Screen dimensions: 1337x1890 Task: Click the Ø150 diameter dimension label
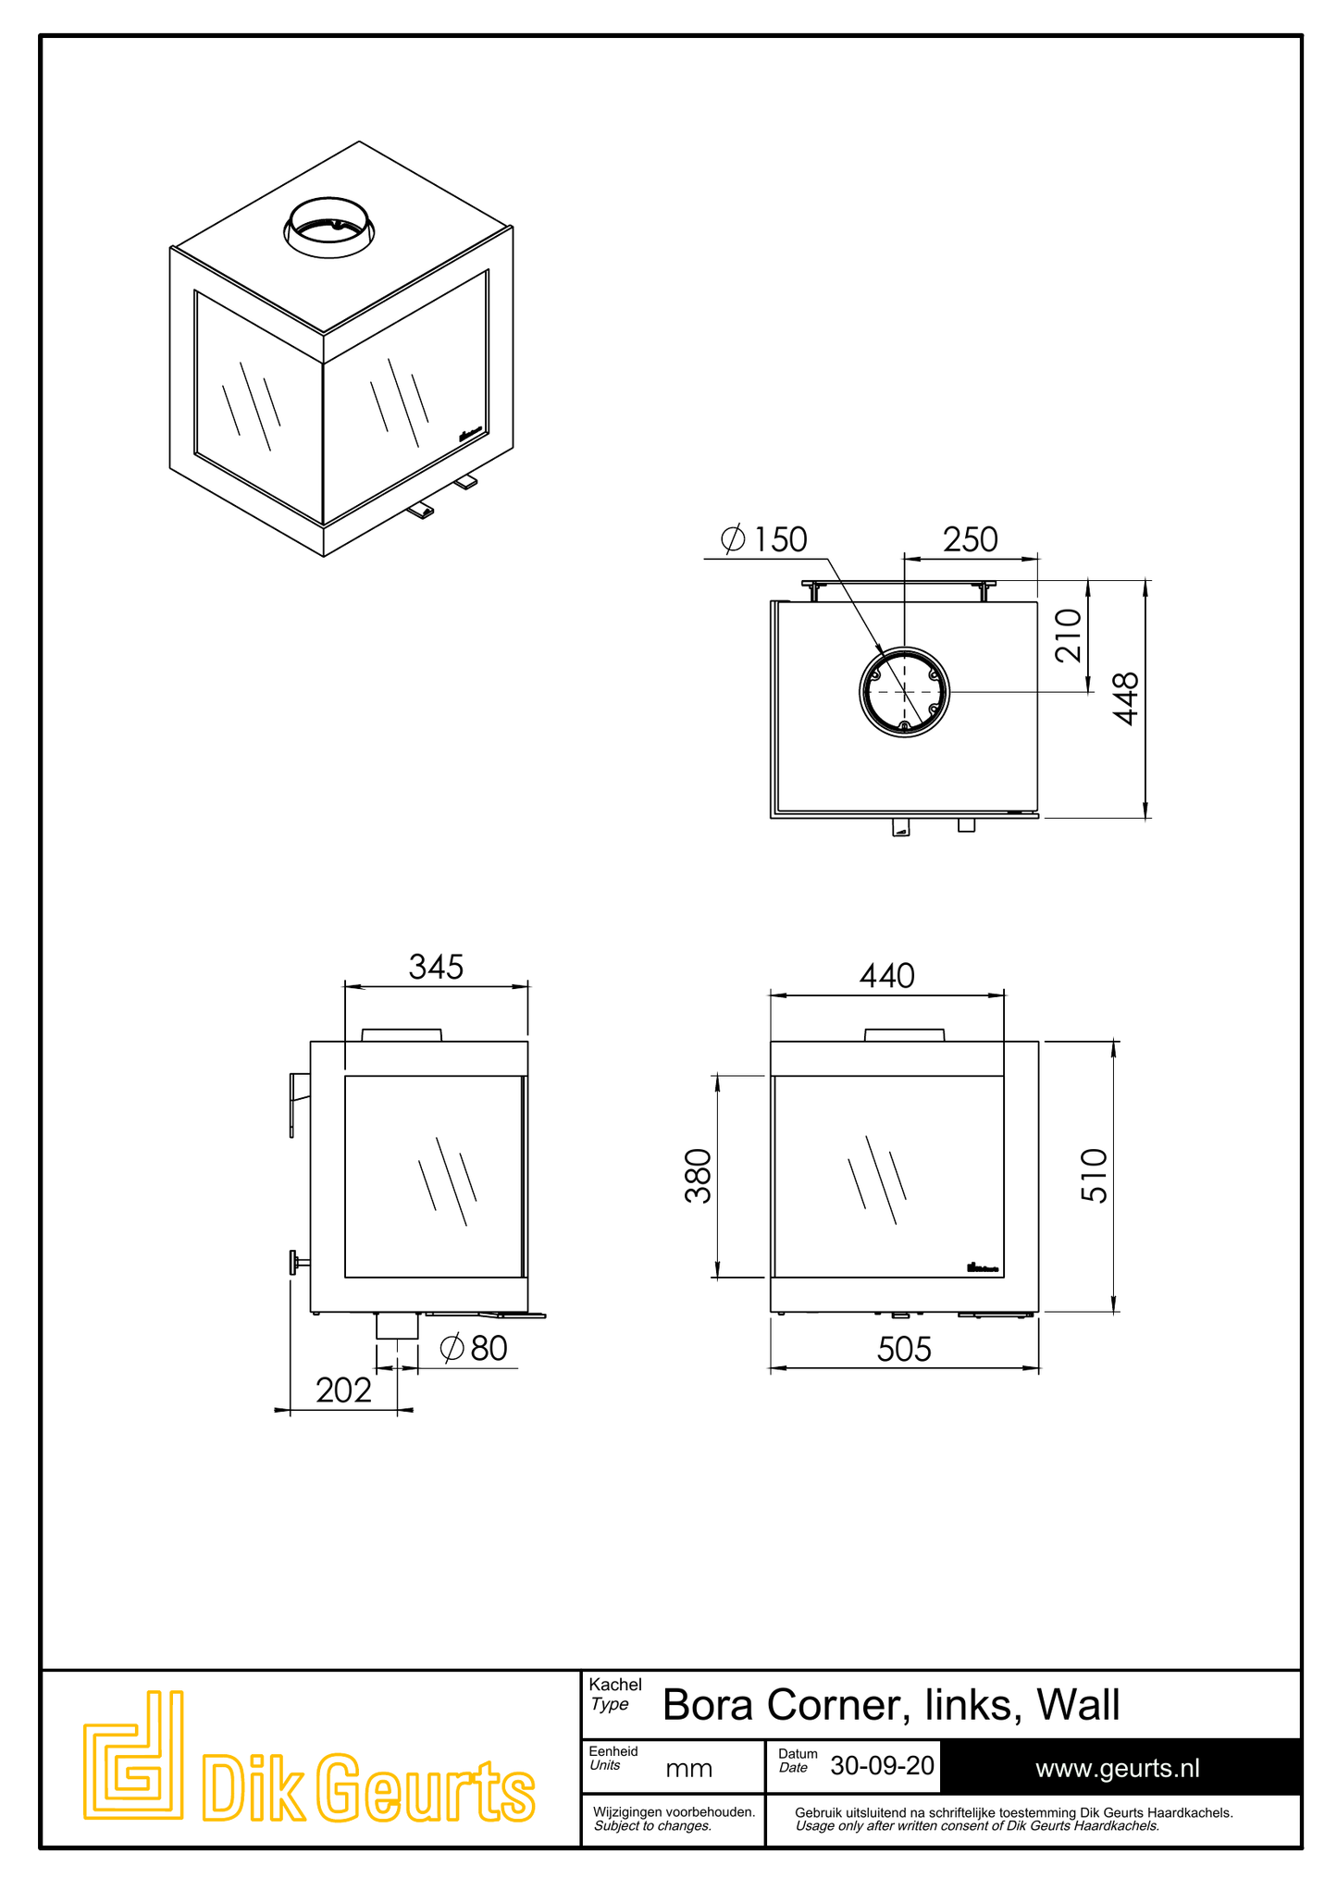pyautogui.click(x=763, y=538)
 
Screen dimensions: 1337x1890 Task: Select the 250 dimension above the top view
pyautogui.click(x=970, y=539)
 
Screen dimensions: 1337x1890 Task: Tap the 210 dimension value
pyautogui.click(x=1069, y=635)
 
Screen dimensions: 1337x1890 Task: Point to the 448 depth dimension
pyautogui.click(x=1125, y=698)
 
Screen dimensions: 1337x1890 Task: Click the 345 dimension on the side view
pyautogui.click(x=436, y=967)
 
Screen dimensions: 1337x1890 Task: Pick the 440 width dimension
pyautogui.click(x=886, y=975)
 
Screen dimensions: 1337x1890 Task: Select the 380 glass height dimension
pyautogui.click(x=699, y=1175)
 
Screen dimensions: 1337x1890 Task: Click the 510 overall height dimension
pyautogui.click(x=1094, y=1175)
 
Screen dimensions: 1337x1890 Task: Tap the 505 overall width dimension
pyautogui.click(x=904, y=1350)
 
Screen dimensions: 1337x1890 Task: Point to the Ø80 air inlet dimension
pyautogui.click(x=474, y=1348)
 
